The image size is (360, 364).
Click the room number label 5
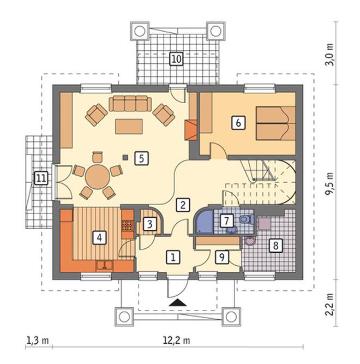[141, 158]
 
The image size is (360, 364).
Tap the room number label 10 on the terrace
[177, 59]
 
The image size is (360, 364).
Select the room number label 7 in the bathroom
[226, 221]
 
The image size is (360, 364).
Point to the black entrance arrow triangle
[178, 303]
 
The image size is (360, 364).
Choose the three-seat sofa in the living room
[130, 104]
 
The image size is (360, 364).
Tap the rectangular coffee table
[129, 127]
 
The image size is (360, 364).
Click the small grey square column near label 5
[125, 157]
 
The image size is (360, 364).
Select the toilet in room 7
[247, 219]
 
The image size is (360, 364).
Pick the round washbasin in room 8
[249, 241]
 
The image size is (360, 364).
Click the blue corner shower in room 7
[204, 221]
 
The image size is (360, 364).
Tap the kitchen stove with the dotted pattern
[127, 225]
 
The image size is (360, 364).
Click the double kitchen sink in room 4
[105, 266]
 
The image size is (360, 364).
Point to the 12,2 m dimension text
[177, 341]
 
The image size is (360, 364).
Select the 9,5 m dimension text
[329, 184]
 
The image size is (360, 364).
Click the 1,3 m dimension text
[38, 341]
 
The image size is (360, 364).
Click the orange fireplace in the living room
[191, 130]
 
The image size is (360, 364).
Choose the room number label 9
[222, 257]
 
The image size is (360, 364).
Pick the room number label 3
[149, 224]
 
